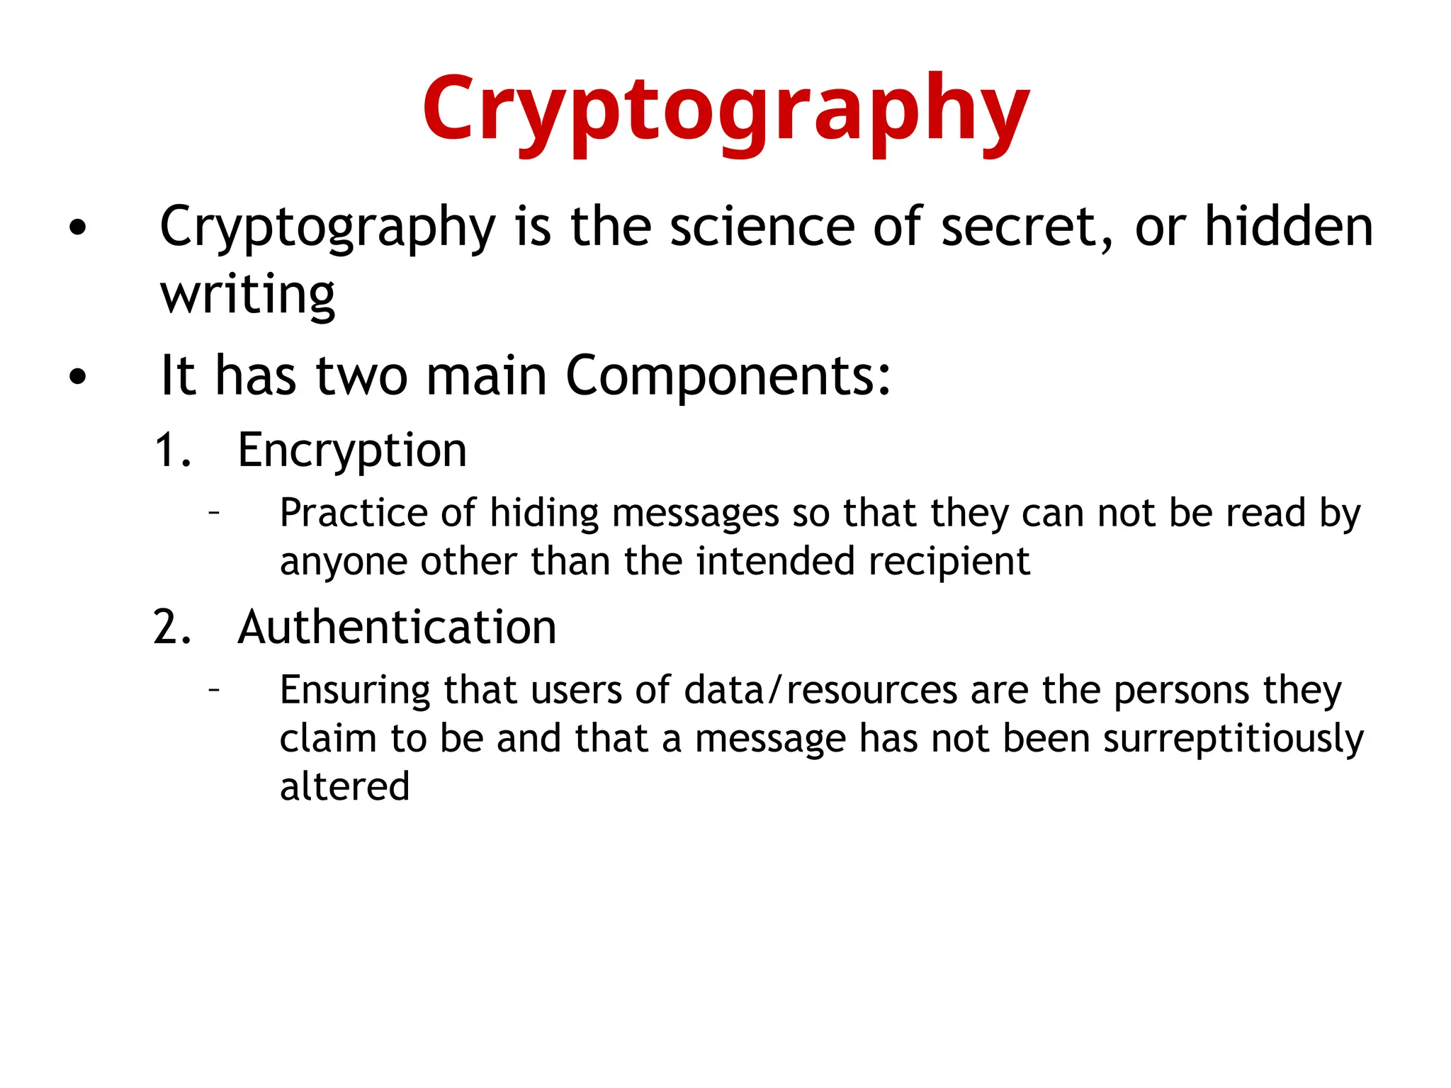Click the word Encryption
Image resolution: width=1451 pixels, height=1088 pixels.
point(352,450)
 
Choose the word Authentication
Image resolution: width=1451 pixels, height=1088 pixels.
point(397,628)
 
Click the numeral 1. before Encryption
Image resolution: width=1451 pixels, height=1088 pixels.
point(173,450)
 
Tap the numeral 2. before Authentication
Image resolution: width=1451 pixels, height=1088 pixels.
point(173,628)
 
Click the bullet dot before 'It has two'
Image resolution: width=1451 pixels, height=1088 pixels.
point(77,377)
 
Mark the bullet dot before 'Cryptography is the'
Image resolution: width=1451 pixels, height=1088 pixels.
point(77,228)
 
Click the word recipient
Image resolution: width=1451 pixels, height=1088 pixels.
point(949,562)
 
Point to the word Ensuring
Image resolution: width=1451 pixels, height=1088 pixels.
point(355,691)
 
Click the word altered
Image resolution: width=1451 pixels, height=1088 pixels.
point(345,786)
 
